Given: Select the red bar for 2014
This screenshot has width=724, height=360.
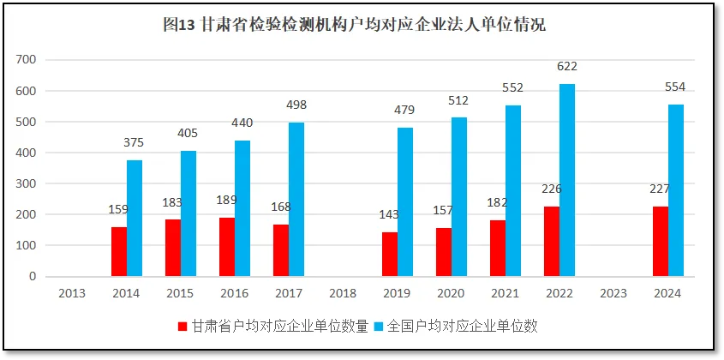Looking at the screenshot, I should click(118, 251).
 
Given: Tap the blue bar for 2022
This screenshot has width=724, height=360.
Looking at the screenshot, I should click(567, 180).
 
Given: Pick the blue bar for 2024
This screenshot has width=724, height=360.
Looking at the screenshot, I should click(675, 204).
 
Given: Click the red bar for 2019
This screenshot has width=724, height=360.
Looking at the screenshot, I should click(389, 254).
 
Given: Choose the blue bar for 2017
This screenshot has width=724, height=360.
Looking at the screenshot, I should click(296, 199).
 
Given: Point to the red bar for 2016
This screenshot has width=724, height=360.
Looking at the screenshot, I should click(226, 247).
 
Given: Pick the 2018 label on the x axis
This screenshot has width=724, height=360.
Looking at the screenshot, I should click(342, 293).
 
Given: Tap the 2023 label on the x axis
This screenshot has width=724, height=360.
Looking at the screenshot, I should click(613, 293).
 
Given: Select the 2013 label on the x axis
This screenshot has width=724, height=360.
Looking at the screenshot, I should click(71, 293).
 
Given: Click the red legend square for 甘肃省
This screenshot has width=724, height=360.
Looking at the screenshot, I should click(182, 327).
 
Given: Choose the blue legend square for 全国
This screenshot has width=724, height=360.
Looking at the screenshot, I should click(380, 327).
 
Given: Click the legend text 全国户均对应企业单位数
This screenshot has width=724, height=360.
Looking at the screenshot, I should click(463, 327).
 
